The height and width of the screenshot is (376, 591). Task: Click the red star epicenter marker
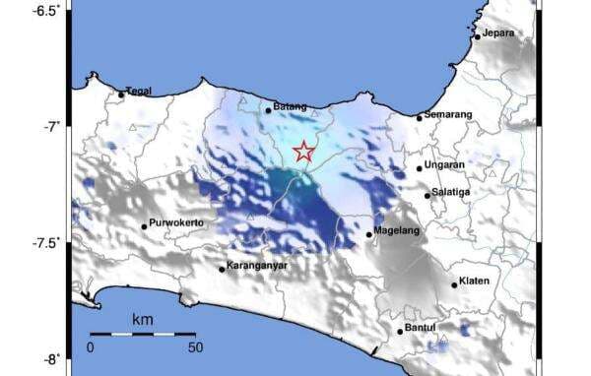click(x=304, y=152)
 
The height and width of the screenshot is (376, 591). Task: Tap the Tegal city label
click(x=139, y=92)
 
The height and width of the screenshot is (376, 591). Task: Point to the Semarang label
click(x=450, y=115)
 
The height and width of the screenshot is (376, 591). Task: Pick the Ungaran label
click(x=446, y=165)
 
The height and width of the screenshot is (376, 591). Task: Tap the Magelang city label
click(x=398, y=231)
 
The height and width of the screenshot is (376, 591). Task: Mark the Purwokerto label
click(x=177, y=223)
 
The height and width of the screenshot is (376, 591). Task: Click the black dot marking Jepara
click(x=478, y=37)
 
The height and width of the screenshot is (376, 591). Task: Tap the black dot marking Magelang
click(x=369, y=234)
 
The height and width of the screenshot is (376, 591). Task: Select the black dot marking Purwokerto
click(x=144, y=226)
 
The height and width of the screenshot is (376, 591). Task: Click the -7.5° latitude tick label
click(x=45, y=242)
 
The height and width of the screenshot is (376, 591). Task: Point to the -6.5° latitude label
click(x=45, y=11)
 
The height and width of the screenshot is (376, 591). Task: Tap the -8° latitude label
click(x=50, y=358)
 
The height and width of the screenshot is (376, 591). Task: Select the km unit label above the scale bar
click(x=142, y=321)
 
